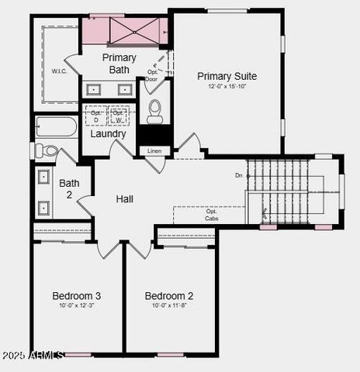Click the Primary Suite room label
[227, 76]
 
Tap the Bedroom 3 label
[76, 295]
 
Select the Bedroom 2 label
[169, 295]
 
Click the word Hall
[124, 199]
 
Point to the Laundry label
[108, 133]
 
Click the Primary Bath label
[119, 64]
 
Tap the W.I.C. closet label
[60, 71]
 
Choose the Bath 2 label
[69, 188]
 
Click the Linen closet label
[154, 150]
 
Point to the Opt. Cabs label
[211, 215]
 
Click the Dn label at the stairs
[239, 175]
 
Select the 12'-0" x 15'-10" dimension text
[227, 87]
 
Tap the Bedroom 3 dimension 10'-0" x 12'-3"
[76, 305]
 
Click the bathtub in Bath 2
[56, 127]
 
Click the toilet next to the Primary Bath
[154, 111]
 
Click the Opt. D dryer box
[95, 115]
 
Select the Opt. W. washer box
[118, 115]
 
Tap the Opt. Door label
[152, 75]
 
